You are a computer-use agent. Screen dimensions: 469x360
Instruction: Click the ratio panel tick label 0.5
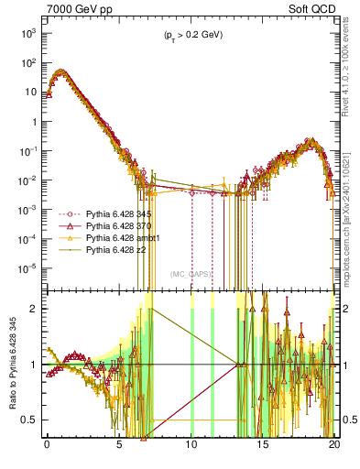pyautogui.click(x=30, y=420)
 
